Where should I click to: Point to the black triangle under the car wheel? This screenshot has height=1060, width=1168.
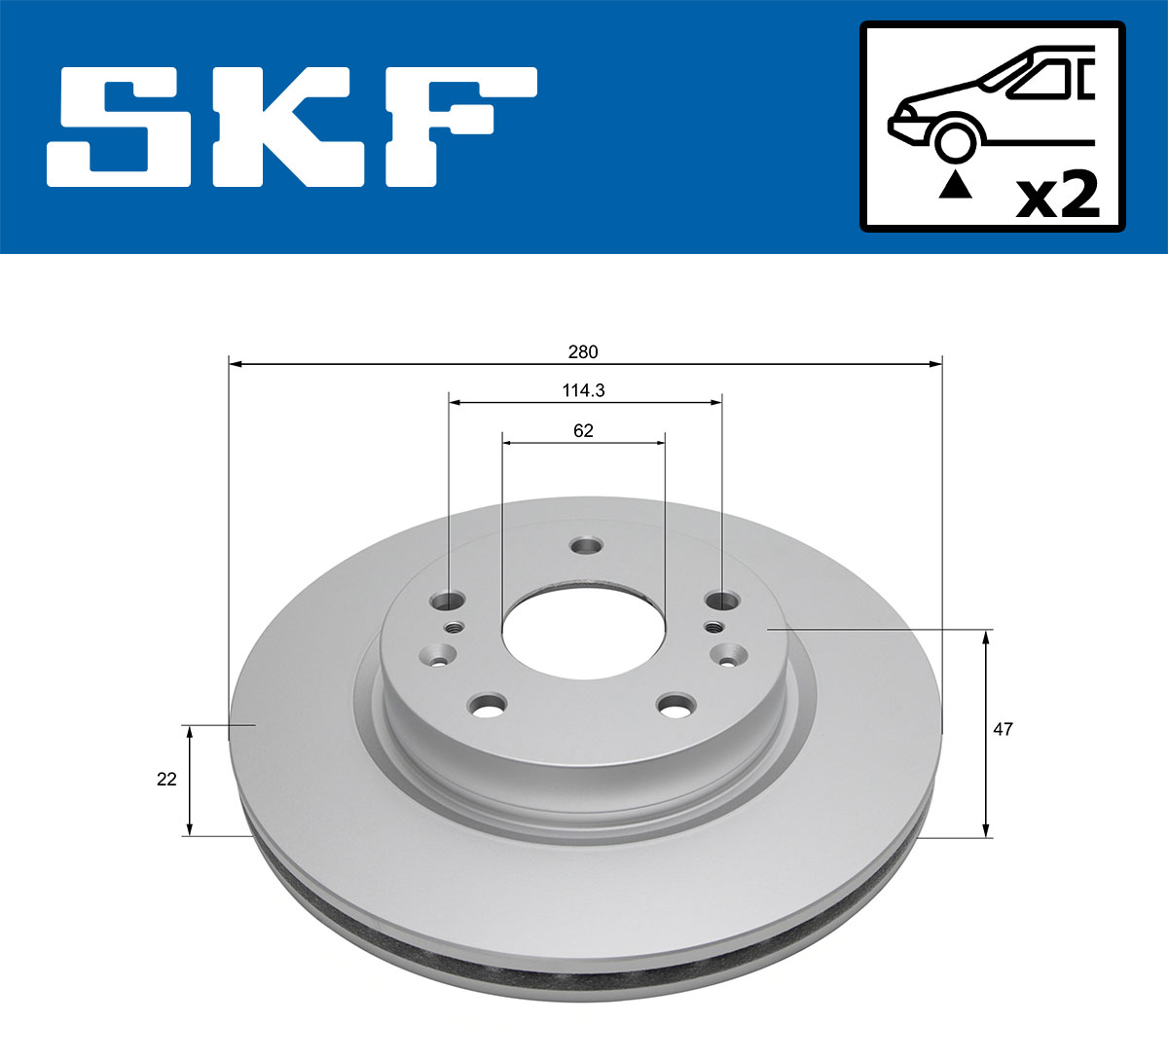pos(955,185)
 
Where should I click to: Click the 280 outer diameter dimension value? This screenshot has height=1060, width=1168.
pos(583,351)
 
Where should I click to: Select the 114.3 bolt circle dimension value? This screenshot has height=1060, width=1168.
pos(583,390)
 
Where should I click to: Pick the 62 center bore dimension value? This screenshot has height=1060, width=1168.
pos(583,430)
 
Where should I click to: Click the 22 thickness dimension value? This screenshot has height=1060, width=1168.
pos(166,779)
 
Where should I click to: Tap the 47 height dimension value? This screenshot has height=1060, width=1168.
pos(1003,729)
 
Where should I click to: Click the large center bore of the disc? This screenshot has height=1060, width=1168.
pos(583,634)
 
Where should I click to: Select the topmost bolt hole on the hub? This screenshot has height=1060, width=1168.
pos(586,546)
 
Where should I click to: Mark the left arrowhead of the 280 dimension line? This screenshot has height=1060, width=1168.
pos(235,364)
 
